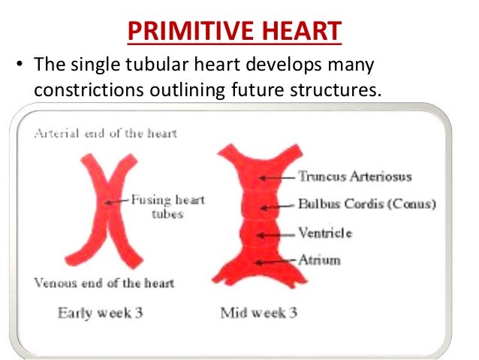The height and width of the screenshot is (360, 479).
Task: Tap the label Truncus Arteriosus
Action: [x=354, y=177]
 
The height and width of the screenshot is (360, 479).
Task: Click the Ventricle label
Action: [x=325, y=233]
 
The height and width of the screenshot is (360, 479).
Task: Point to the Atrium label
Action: [x=319, y=260]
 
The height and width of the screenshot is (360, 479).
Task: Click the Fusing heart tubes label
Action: [x=167, y=207]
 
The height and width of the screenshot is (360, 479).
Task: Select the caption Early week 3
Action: [x=100, y=313]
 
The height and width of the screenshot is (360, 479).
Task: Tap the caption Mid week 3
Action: [x=258, y=313]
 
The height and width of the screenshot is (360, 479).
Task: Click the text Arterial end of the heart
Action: [x=104, y=134]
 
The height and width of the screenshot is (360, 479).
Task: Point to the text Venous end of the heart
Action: [x=104, y=283]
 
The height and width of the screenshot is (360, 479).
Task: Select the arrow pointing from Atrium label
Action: [x=276, y=261]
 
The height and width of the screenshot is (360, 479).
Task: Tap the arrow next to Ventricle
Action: [x=276, y=234]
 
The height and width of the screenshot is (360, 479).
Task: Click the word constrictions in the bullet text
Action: [x=83, y=89]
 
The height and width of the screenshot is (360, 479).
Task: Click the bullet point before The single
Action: [x=20, y=65]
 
